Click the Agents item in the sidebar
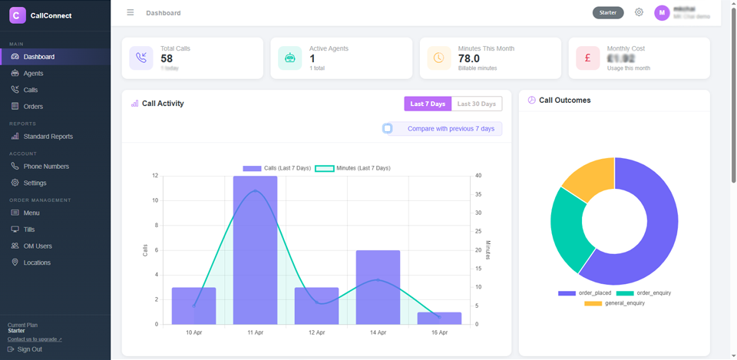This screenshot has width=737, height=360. (33, 74)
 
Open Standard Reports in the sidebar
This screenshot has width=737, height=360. (48, 137)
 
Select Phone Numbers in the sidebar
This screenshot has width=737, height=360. (45, 167)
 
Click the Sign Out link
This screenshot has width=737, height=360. (29, 349)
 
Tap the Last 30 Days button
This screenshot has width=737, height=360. (476, 104)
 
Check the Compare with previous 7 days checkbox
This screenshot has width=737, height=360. (388, 128)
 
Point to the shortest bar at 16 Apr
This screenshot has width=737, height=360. (439, 318)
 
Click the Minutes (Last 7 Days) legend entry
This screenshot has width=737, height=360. (353, 168)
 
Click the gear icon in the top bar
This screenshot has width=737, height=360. (640, 12)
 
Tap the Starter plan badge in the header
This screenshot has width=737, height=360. (608, 12)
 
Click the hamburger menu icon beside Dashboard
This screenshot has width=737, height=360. (131, 12)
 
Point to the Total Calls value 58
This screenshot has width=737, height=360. (167, 58)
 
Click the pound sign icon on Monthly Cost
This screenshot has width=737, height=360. (587, 58)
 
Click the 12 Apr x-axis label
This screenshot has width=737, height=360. (316, 332)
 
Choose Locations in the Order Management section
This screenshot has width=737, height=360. (37, 263)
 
